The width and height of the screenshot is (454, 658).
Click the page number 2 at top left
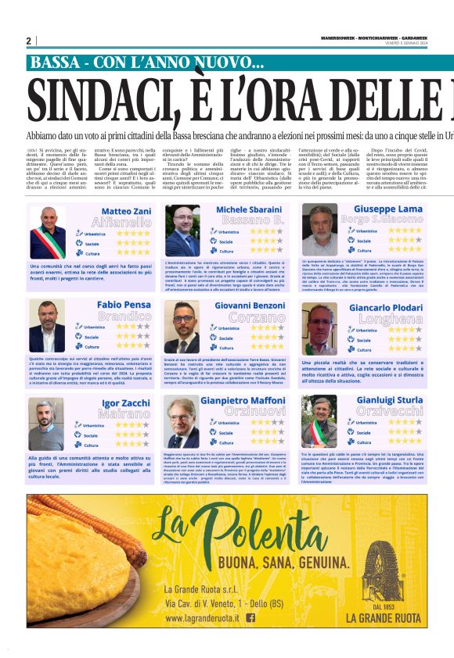tap(28, 41)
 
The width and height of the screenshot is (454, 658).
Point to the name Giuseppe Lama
tap(387, 209)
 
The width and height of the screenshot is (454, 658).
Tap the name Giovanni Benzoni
tap(250, 306)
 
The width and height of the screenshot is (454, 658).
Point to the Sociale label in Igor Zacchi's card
tap(92, 435)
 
